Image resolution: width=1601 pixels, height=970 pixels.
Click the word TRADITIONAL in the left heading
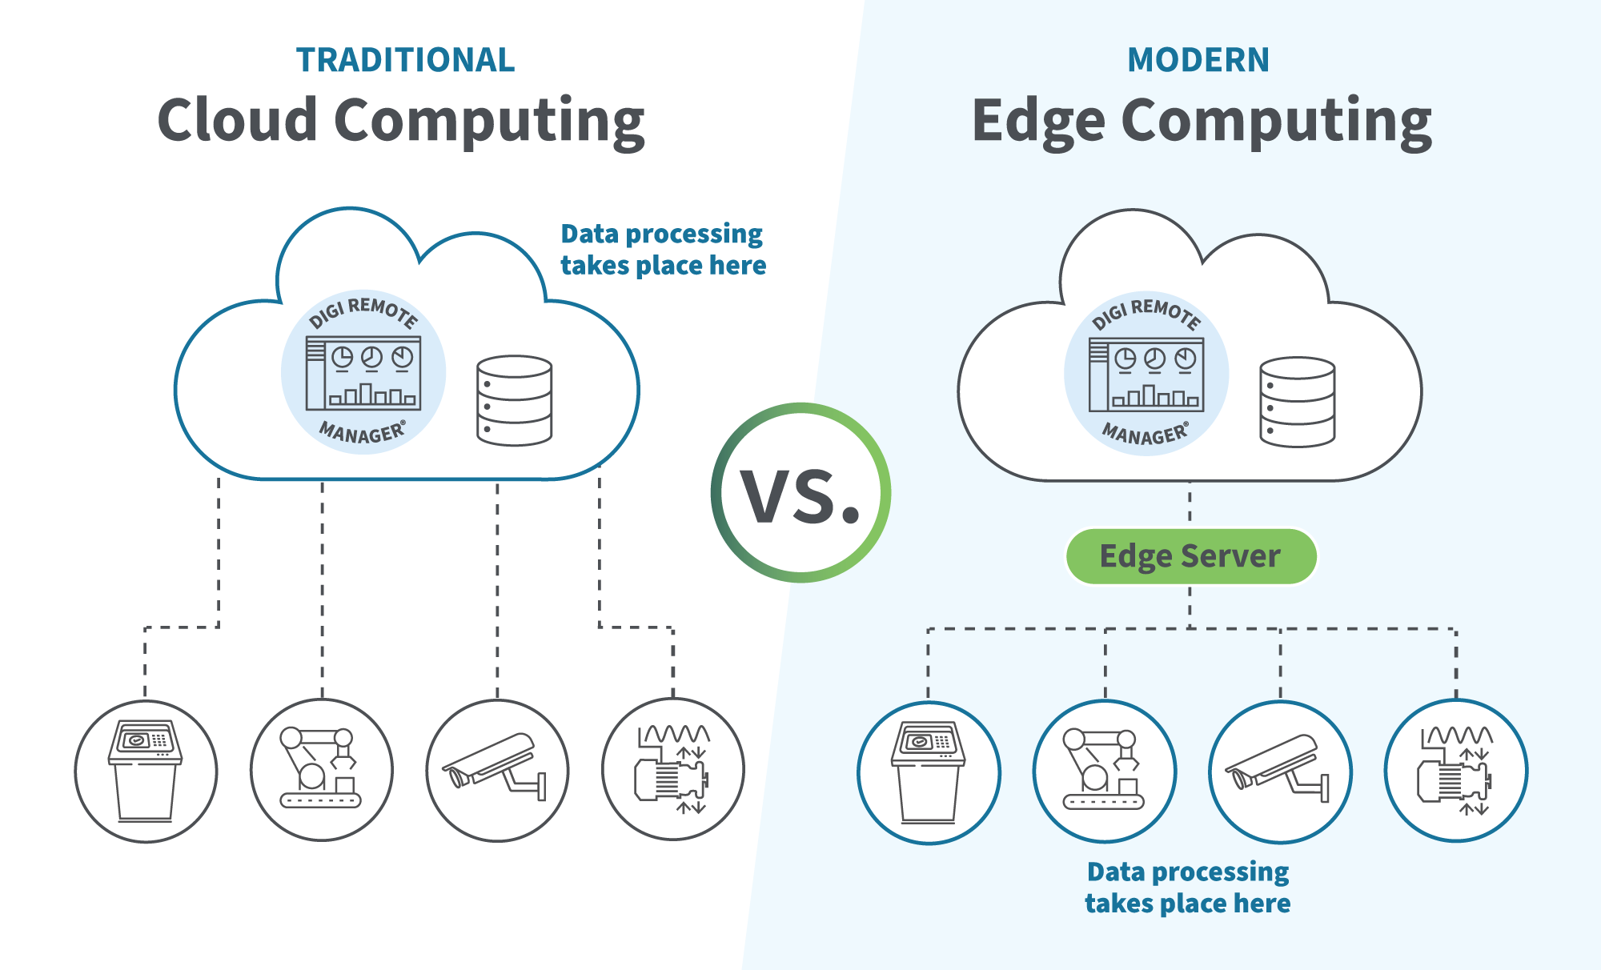(405, 60)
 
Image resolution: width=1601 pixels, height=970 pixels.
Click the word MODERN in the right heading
(1198, 60)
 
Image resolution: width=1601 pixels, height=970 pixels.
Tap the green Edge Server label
(1190, 556)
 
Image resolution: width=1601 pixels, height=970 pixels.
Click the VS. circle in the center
(800, 493)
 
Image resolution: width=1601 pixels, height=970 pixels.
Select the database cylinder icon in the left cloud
(514, 400)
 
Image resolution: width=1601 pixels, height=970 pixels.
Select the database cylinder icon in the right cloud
(1297, 402)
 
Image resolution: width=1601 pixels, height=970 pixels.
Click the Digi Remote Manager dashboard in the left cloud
(363, 373)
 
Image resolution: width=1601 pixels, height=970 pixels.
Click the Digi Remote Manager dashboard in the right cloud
(1146, 374)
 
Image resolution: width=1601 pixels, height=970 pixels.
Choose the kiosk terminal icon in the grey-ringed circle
(146, 771)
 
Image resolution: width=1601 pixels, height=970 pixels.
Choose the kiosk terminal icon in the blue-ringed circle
(929, 772)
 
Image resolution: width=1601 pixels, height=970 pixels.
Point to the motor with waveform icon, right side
(1455, 771)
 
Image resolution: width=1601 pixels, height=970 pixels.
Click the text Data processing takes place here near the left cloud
(663, 250)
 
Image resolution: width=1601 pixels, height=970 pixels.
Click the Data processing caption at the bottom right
(1188, 887)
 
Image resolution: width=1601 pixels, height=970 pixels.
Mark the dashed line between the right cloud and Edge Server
(1190, 504)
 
